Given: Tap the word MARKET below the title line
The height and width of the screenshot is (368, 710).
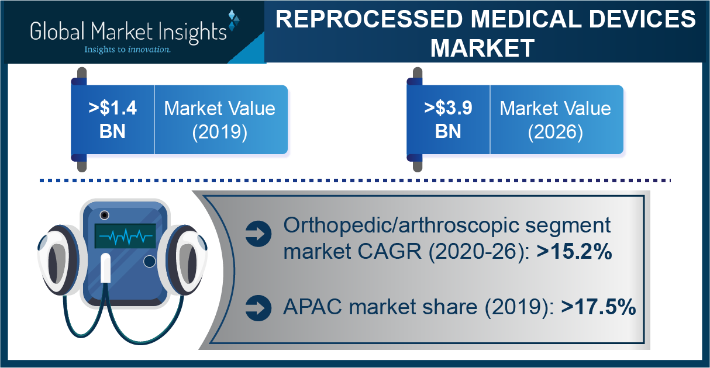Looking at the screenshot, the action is click(x=482, y=48).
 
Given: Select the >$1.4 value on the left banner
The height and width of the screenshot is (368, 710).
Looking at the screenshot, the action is click(x=112, y=107).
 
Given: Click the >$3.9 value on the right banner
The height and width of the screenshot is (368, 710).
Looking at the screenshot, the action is click(x=448, y=107).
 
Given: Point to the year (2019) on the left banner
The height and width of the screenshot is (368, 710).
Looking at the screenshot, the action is click(x=220, y=132).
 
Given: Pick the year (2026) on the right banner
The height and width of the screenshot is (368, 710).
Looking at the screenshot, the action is click(x=556, y=132).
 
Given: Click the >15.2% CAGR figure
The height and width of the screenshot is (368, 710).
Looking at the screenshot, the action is click(x=574, y=251).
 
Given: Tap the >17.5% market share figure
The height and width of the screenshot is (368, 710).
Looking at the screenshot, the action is click(x=598, y=307).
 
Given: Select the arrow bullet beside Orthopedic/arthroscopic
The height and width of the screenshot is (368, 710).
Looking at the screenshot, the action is click(x=259, y=234).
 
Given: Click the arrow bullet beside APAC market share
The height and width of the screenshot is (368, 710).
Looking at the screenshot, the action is click(x=259, y=308).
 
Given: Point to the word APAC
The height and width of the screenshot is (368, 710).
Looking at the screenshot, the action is click(x=312, y=307).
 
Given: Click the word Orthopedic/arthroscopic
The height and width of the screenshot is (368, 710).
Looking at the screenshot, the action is click(x=401, y=226).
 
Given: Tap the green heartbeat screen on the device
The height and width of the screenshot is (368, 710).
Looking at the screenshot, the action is click(x=125, y=236).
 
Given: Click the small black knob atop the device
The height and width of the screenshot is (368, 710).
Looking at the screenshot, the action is click(x=104, y=216).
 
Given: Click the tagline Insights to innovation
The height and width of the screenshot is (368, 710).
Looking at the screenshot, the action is click(x=127, y=50).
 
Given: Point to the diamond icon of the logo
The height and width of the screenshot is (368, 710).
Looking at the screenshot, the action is click(x=233, y=20).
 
